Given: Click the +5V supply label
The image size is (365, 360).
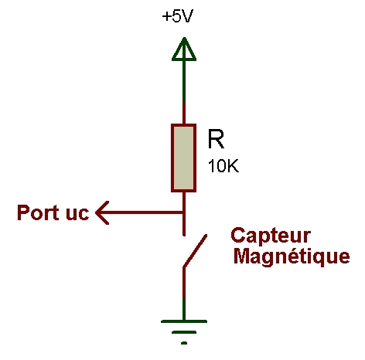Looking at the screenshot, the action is tap(178, 17).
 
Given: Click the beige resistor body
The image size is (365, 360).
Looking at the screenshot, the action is tap(184, 158).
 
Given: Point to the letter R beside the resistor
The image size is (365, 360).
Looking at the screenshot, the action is tap(216, 139).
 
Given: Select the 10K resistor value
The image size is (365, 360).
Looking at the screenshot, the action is tap(223, 166).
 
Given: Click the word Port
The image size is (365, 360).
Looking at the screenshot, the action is tap(38, 212).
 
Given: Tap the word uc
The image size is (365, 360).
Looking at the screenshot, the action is tap(77, 213).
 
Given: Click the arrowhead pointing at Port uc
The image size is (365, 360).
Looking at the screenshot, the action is tap(102, 212).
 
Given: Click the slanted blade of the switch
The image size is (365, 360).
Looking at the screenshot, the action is tap(195, 250).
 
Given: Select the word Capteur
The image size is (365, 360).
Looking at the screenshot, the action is tap(271, 236).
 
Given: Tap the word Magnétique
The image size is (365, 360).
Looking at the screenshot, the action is tap(292, 256).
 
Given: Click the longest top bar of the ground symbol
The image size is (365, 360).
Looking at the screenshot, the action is tap(184, 321).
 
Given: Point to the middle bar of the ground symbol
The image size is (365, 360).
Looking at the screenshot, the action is tap(184, 332).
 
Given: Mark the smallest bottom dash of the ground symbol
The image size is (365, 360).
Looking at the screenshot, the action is tap(184, 343).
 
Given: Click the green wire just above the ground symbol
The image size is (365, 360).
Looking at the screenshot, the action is tap(184, 309).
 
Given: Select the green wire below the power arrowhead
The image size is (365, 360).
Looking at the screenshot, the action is tap(184, 83).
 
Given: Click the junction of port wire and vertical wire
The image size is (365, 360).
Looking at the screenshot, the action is tap(184, 212).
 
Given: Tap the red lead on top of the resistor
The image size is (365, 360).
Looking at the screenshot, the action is tap(184, 114).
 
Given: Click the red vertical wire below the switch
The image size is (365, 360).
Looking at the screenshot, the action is tap(184, 283).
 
